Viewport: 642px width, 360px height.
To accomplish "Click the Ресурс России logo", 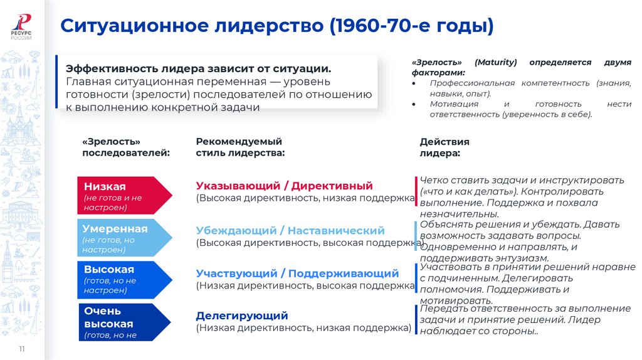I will (x=23, y=26).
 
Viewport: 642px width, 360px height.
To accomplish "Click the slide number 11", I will (x=22, y=349).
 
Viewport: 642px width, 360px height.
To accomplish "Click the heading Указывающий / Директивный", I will (x=284, y=186).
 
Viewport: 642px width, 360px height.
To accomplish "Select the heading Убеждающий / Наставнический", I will (x=290, y=231).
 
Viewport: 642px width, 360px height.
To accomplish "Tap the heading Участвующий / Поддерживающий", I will (x=297, y=273).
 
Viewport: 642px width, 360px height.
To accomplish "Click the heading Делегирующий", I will (x=242, y=315).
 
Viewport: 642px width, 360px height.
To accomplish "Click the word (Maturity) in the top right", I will (x=495, y=63).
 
